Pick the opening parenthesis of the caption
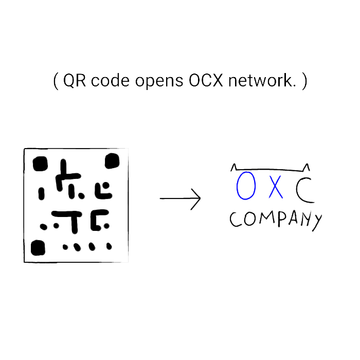pyautogui.click(x=56, y=81)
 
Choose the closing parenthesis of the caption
pyautogui.click(x=304, y=81)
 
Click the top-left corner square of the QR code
pyautogui.click(x=40, y=165)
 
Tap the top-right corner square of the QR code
pyautogui.click(x=112, y=162)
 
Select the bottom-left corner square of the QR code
pyautogui.click(x=38, y=248)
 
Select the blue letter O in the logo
pyautogui.click(x=246, y=186)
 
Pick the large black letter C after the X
pyautogui.click(x=304, y=189)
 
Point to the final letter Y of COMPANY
pyautogui.click(x=317, y=221)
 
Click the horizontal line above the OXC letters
pyautogui.click(x=270, y=170)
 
